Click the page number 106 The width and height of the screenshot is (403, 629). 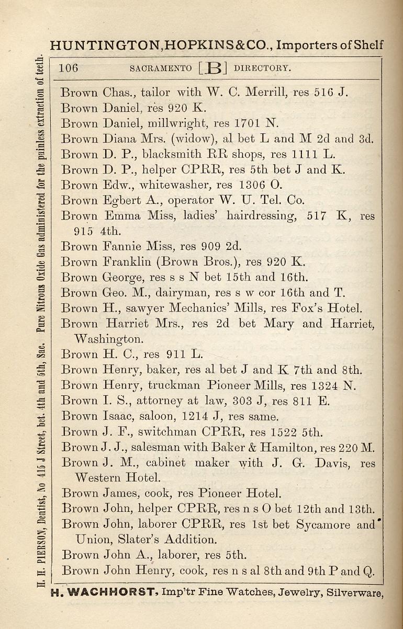(69, 68)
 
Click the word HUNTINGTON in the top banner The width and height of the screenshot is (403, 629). (108, 45)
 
